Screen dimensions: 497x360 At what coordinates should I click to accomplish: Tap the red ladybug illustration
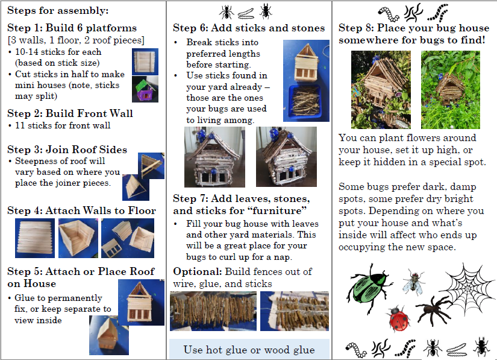[398, 319]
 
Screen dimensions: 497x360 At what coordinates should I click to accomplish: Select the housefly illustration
[414, 282]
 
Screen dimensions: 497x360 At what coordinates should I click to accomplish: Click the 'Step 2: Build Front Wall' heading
[70, 113]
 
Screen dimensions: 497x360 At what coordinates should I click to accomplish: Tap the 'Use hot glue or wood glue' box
[249, 349]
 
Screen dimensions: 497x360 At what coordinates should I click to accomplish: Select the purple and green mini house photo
[145, 89]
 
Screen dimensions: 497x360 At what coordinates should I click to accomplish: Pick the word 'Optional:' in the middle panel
[198, 271]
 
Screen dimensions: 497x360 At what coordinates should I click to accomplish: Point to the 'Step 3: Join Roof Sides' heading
[67, 150]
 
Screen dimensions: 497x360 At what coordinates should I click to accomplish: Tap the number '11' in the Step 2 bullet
[20, 125]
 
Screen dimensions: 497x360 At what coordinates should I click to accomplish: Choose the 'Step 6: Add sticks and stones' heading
[249, 28]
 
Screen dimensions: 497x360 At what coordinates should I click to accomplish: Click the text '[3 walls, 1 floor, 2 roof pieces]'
[76, 40]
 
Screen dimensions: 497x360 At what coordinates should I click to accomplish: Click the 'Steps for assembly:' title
[58, 10]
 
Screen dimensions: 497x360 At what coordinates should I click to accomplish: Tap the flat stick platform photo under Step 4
[35, 238]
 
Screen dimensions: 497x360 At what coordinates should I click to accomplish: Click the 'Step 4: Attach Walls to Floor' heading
[82, 210]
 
